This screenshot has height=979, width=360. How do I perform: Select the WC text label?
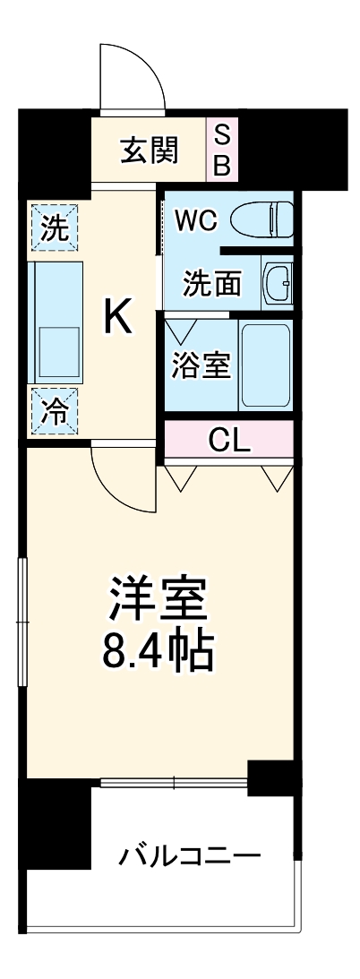195,220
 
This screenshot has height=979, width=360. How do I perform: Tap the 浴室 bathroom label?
201,365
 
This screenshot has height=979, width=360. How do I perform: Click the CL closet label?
230,439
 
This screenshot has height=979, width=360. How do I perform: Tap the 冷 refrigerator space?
55,411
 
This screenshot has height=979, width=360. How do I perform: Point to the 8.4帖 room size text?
159,651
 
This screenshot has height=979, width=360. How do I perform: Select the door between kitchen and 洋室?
124,479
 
